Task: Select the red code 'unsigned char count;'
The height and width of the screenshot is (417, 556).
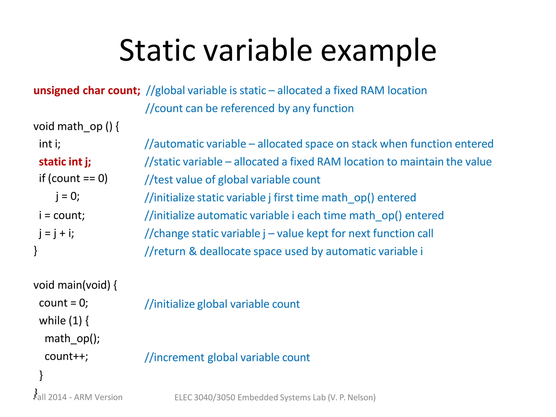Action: [87, 91]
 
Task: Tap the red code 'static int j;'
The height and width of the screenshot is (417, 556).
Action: [65, 162]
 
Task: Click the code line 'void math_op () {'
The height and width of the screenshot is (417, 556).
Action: [76, 127]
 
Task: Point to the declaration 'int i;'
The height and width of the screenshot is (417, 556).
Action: [50, 144]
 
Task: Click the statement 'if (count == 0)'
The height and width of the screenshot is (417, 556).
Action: [73, 179]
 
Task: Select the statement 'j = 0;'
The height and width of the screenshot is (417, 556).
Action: [68, 196]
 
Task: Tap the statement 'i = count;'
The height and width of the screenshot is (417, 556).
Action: [62, 216]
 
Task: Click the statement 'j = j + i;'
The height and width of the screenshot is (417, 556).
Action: [56, 233]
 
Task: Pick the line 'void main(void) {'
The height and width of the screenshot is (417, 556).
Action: [75, 285]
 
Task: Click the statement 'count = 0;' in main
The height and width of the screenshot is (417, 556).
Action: [64, 303]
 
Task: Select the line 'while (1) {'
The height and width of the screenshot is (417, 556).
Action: [64, 321]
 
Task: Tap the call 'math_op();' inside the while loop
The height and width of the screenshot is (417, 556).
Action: [72, 339]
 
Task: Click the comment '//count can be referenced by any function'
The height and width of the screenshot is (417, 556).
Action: [249, 109]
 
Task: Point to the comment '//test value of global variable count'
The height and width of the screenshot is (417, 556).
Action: [232, 180]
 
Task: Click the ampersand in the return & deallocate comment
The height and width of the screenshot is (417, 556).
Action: [193, 251]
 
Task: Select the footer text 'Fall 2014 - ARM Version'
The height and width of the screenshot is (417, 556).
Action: [78, 397]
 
